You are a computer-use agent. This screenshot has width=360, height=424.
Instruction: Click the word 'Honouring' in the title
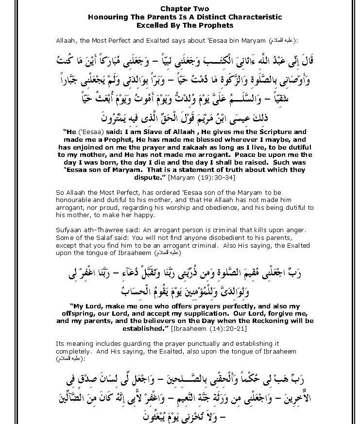coord(106,17)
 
